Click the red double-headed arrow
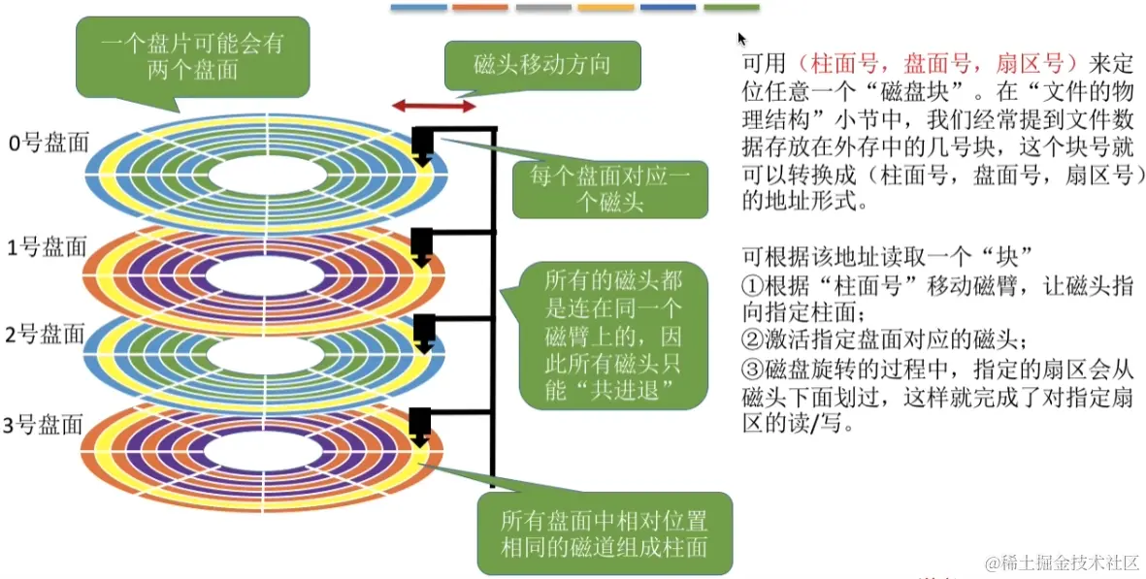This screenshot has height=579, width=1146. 433,106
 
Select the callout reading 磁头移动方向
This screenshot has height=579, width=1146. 542,65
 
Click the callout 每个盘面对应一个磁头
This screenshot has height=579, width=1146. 608,189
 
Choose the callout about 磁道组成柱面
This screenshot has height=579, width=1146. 605,531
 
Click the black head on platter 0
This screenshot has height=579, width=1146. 422,145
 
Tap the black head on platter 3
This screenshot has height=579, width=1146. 421,426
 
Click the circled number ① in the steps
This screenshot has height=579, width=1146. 753,287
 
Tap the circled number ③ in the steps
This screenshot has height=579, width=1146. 753,370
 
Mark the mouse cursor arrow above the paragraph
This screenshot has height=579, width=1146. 742,39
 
